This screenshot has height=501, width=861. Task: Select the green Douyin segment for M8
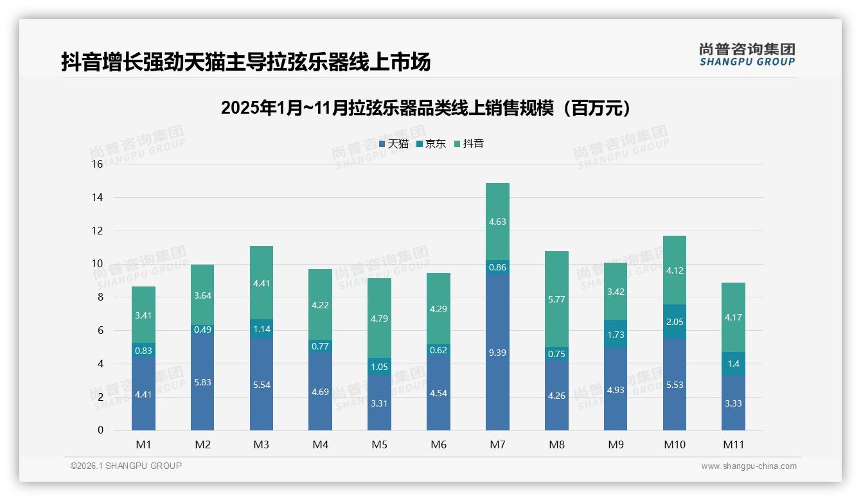[x=556, y=299]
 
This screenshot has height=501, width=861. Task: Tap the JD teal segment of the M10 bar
[x=675, y=321]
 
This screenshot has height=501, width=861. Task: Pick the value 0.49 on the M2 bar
[x=202, y=330]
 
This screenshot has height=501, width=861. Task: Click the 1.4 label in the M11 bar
[x=733, y=364]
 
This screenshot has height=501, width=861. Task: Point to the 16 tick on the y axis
[x=97, y=164]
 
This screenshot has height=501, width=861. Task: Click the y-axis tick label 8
[x=100, y=297]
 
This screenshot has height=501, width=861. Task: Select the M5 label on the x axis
[x=379, y=444]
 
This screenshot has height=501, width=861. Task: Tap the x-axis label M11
[x=733, y=444]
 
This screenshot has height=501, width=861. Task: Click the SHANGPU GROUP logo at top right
[x=747, y=55]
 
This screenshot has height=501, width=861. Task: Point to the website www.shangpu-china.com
[x=749, y=466]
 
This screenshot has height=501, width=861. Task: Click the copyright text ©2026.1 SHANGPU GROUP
[x=126, y=466]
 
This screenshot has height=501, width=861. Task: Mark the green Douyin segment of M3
[x=262, y=283]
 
